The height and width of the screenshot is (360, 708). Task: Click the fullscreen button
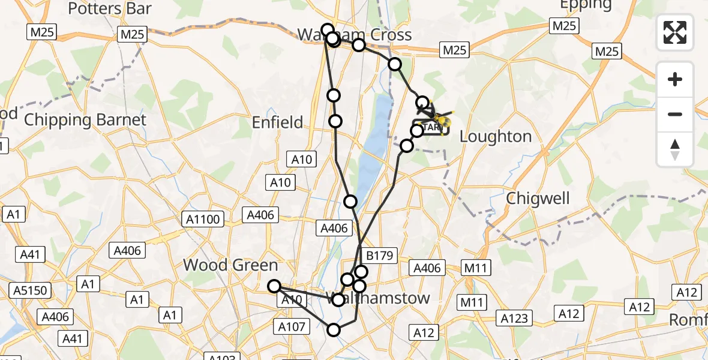[x=675, y=32]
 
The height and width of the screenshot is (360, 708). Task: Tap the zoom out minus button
[x=675, y=114]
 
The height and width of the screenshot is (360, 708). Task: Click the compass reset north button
[x=675, y=149]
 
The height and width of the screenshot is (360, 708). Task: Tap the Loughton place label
[x=496, y=137]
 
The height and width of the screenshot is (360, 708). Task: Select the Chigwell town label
[x=538, y=198]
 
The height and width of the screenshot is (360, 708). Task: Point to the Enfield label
[x=277, y=123]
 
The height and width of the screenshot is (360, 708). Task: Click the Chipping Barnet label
[x=85, y=120]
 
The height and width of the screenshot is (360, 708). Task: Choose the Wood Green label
[x=230, y=265]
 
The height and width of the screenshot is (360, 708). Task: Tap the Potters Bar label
[x=110, y=8]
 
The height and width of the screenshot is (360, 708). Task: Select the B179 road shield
[x=379, y=256]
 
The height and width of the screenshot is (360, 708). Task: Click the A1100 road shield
[x=203, y=220]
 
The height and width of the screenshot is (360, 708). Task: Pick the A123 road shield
[x=514, y=319]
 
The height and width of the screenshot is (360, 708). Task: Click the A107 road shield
[x=292, y=327]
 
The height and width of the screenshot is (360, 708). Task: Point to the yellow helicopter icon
[x=442, y=122]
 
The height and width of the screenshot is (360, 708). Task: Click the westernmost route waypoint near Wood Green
[x=274, y=286]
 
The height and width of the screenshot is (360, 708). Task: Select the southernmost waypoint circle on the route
[x=333, y=329]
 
